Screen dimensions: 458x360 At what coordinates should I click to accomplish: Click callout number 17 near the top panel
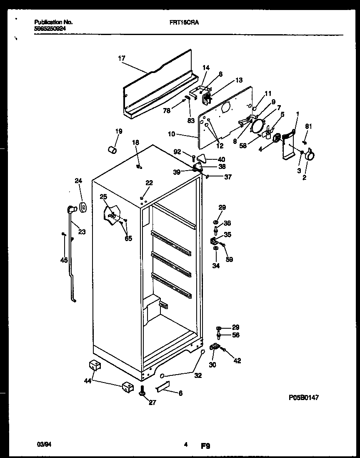[x=121, y=59]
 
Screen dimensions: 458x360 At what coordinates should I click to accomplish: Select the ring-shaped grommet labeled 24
[x=82, y=206]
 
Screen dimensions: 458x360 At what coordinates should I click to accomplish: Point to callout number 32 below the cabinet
[x=197, y=375]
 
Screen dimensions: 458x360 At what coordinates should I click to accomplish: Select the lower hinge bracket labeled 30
[x=215, y=347]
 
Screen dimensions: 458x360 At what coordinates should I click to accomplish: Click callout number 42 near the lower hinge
[x=237, y=361]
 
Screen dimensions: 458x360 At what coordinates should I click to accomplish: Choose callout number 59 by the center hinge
[x=229, y=259]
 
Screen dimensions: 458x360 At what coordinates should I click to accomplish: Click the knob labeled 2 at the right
[x=309, y=156]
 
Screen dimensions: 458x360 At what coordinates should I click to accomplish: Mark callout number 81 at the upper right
[x=308, y=126]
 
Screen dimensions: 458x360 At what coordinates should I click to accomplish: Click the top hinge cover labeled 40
[x=202, y=158]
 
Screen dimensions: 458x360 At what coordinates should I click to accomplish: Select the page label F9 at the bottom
[x=205, y=446]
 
